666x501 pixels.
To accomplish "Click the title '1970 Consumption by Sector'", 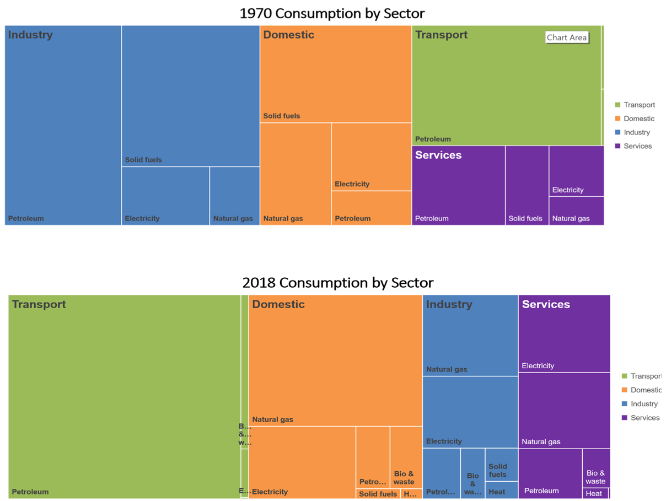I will (332, 13).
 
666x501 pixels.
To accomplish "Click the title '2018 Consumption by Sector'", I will (337, 283).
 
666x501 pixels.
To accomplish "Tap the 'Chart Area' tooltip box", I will (567, 37).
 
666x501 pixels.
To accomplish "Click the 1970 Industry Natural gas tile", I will (234, 196).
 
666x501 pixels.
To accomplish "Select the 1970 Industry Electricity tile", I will (165, 196).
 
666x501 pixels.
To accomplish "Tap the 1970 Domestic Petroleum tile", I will (371, 208).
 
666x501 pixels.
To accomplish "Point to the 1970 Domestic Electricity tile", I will (371, 157).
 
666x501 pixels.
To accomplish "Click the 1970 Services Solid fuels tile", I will (527, 185).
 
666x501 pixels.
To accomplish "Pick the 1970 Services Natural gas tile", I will (576, 211).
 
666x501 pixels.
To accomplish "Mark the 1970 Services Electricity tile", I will (576, 171).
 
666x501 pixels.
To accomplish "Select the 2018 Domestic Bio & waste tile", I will (406, 457).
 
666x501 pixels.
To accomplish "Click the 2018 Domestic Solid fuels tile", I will (378, 494).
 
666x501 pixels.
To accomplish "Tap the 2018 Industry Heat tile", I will (501, 490).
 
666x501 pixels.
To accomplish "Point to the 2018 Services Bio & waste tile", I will (595, 468).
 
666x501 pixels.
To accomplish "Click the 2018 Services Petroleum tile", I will (550, 473).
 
